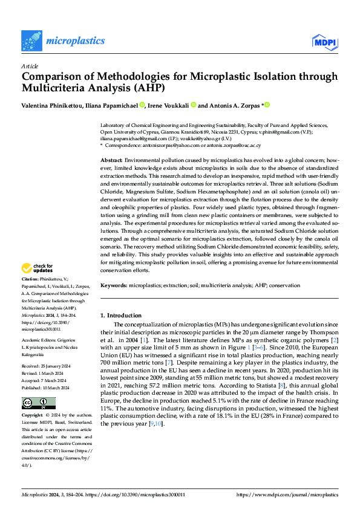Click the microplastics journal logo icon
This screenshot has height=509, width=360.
click(x=31, y=41)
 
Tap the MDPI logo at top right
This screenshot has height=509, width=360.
click(x=325, y=41)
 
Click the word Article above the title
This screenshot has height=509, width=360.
click(x=30, y=66)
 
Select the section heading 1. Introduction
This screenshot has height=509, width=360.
click(x=121, y=315)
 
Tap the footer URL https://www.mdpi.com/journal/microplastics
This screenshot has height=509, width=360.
click(x=287, y=494)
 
